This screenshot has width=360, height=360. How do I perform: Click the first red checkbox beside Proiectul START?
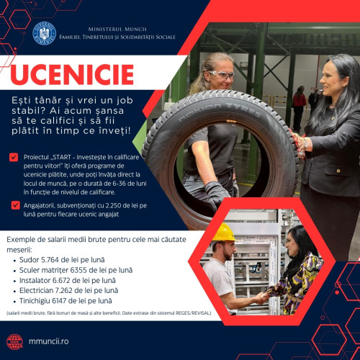coord(14,156)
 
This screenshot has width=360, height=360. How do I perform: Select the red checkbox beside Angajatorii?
coord(14,204)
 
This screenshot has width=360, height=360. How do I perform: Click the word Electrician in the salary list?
coord(45,289)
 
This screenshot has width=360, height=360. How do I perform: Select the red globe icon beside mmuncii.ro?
coord(15,341)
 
